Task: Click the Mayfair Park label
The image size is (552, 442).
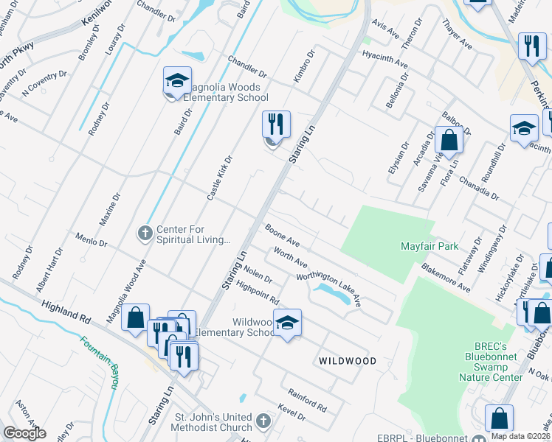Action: (x=429, y=245)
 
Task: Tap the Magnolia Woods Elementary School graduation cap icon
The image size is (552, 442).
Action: (x=177, y=82)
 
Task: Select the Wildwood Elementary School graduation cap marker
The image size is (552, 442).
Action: (x=287, y=322)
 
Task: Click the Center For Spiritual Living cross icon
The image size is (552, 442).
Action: (x=145, y=234)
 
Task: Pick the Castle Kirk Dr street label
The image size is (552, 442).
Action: (x=220, y=178)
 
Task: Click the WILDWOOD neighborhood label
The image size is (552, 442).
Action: (x=348, y=361)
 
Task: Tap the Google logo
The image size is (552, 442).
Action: (x=24, y=433)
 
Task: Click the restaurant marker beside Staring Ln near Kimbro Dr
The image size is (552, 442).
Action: (x=276, y=124)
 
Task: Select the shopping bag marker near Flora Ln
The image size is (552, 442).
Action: (x=448, y=140)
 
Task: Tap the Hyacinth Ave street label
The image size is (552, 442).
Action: (x=384, y=60)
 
